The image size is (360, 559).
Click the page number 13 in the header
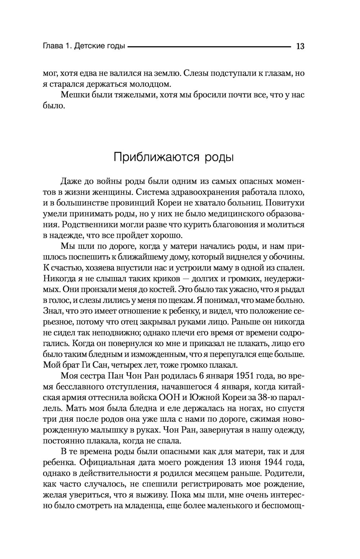300,46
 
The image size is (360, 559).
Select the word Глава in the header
53,46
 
